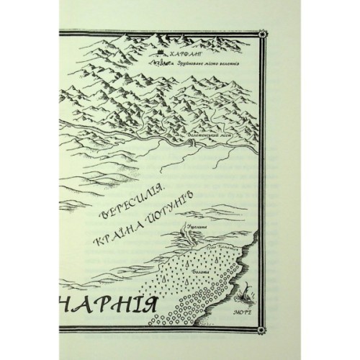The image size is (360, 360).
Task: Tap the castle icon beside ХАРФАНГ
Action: pyautogui.click(x=160, y=53)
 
